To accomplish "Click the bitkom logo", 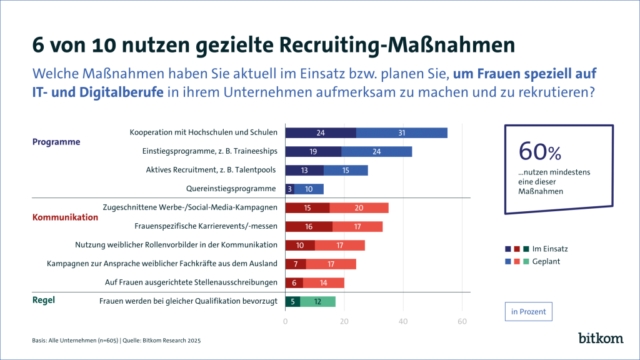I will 601,338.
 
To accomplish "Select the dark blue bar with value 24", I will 321,132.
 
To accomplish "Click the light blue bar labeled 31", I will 402,132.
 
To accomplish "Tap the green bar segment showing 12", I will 318,302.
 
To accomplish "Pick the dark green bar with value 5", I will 292,302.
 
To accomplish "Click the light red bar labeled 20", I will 359,207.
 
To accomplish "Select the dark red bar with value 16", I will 309,226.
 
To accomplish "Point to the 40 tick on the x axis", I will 403,322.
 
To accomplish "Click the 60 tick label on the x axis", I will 462,322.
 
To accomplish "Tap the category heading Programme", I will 56,142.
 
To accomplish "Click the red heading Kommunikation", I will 65,217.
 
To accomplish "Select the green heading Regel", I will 43,300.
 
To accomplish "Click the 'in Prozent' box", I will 529,311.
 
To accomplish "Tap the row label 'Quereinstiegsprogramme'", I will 231,188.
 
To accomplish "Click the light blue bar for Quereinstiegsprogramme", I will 309,189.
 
